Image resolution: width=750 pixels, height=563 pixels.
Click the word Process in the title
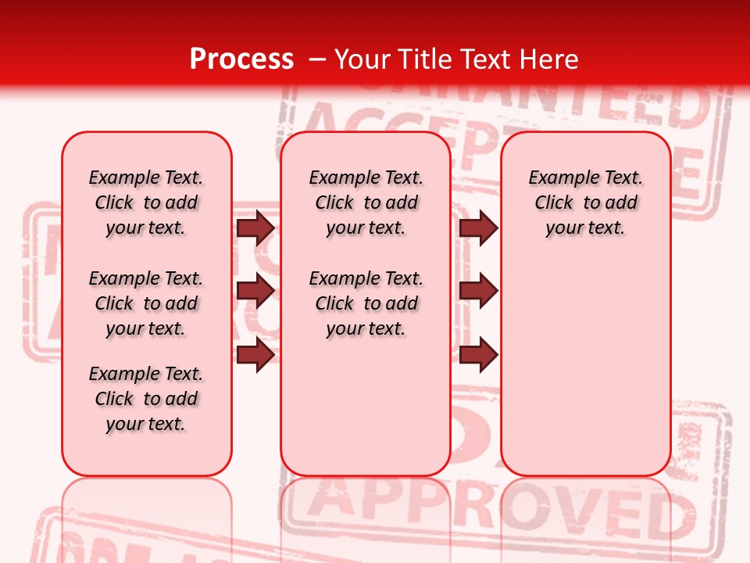[x=241, y=59]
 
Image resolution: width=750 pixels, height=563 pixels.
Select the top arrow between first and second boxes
[x=255, y=228]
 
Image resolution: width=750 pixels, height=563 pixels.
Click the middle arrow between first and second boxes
[x=255, y=292]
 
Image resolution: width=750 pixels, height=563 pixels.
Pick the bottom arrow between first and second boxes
[x=255, y=355]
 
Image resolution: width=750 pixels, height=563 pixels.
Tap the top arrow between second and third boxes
[x=478, y=228]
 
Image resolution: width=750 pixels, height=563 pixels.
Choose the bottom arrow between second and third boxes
[x=478, y=355]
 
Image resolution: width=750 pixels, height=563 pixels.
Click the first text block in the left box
[x=146, y=203]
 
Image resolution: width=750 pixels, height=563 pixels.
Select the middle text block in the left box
[x=146, y=303]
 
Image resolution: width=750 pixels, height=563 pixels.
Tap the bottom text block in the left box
[x=146, y=399]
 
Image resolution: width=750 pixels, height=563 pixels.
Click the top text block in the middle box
[x=366, y=203]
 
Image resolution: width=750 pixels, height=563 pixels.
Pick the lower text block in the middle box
[x=366, y=303]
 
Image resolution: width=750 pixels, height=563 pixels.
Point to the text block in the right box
[x=585, y=203]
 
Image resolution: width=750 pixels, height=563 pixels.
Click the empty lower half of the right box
[x=585, y=375]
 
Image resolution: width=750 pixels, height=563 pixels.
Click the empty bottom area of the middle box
[x=366, y=414]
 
